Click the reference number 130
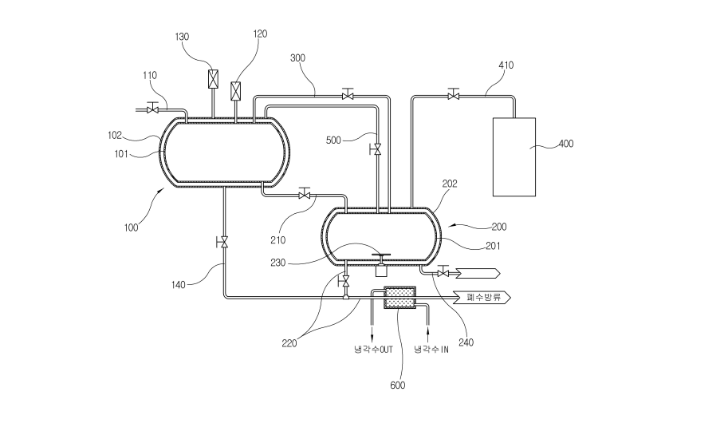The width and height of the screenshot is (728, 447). coord(182,37)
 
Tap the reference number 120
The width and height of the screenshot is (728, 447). coord(260,34)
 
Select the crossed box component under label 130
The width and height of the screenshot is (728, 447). coord(213,79)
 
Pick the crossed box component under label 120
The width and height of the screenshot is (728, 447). coord(236,91)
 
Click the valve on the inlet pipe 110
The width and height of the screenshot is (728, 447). coord(152,108)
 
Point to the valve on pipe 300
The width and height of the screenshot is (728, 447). coord(347,94)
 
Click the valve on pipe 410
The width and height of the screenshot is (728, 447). coord(453,94)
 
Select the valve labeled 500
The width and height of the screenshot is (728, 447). coord(376,149)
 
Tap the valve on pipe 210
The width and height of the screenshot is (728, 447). coord(305,194)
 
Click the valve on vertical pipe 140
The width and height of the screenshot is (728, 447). coord(223,242)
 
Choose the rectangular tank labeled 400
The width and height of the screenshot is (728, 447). coord(514,157)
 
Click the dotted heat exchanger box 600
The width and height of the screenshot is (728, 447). coord(399,298)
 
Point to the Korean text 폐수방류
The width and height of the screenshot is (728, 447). coord(483,297)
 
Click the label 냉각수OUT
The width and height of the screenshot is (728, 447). coord(373,350)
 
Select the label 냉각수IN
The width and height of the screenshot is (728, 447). coord(431,350)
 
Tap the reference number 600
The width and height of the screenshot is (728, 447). coord(397,386)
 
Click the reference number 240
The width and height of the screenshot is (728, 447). coord(466,342)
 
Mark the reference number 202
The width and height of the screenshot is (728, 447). coord(450,184)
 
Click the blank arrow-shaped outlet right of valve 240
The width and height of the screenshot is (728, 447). coord(478,273)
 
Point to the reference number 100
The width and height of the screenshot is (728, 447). coord(131,227)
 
